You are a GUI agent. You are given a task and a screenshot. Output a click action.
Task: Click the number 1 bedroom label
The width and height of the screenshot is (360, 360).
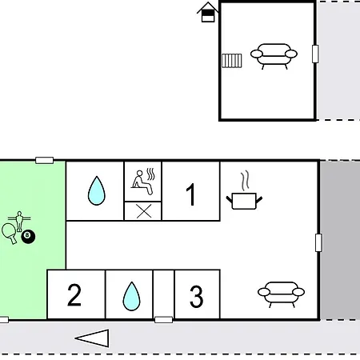[x=190, y=194]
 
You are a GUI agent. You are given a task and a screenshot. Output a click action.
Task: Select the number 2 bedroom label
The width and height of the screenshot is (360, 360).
[x=74, y=294]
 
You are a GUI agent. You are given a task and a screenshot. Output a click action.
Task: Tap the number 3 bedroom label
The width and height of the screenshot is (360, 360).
[x=197, y=296]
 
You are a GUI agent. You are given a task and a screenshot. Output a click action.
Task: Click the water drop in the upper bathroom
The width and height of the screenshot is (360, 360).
[x=97, y=190]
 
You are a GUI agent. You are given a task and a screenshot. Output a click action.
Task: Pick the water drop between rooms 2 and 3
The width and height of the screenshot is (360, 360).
[x=131, y=296]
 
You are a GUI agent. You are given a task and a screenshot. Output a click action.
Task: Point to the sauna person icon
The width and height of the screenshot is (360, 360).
[x=143, y=182]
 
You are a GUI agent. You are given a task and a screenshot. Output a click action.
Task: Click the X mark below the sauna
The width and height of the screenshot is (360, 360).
[x=144, y=211]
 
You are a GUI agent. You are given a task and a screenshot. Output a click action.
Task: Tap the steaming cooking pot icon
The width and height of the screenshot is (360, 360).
[x=244, y=190]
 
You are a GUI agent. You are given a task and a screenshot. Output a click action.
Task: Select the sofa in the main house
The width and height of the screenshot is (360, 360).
[x=281, y=294]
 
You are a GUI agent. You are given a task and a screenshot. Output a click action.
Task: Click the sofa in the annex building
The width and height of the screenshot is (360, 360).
[x=274, y=56]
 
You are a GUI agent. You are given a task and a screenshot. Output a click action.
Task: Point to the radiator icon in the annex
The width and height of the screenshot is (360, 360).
[x=232, y=61]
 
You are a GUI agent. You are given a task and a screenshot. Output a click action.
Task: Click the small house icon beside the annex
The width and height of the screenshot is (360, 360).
[x=208, y=12]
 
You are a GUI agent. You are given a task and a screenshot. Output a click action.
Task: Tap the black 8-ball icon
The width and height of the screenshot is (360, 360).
[x=28, y=237]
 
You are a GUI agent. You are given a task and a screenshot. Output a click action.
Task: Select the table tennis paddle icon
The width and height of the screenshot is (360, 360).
[x=9, y=233]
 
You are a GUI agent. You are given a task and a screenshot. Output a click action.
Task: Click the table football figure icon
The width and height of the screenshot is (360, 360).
[x=19, y=221]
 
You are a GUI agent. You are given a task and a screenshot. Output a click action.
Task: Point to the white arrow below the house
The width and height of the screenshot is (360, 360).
[x=92, y=338]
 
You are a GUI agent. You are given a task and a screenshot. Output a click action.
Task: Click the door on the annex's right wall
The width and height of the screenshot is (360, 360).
[x=315, y=54]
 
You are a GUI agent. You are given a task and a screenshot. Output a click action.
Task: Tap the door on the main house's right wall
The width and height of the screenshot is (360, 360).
[x=318, y=242]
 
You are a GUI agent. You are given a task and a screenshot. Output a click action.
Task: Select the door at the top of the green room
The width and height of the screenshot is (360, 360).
[x=45, y=160]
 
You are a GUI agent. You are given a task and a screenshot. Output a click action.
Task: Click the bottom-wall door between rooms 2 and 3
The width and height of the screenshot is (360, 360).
[x=163, y=319]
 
